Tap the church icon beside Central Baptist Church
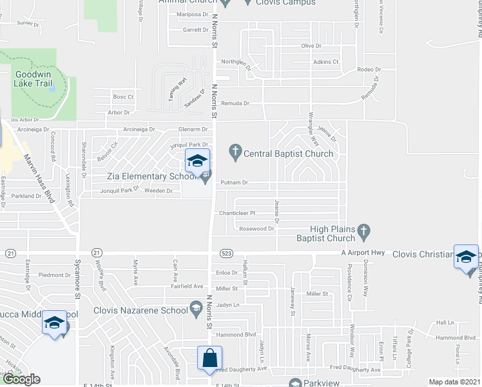click(235, 153)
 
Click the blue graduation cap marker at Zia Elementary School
click(197, 161)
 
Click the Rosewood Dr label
click(252, 228)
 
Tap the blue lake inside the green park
click(52, 84)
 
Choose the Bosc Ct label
click(122, 97)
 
